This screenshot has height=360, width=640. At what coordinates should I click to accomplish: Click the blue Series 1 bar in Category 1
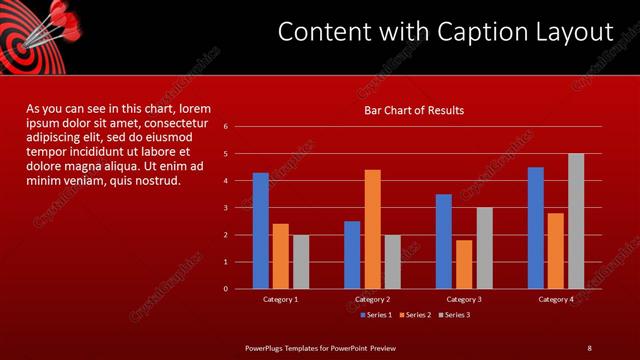(260, 231)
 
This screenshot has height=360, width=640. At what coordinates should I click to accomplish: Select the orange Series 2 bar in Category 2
(372, 229)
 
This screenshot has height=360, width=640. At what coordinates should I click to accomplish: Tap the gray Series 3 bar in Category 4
(576, 221)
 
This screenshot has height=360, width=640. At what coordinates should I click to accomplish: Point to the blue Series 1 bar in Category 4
(536, 228)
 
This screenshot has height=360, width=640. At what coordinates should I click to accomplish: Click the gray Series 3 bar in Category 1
(301, 262)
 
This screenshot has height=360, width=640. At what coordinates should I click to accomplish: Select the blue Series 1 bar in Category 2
(352, 255)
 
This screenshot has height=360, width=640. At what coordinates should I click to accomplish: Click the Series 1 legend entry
(375, 315)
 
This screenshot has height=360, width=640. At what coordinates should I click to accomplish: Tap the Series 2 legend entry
(414, 315)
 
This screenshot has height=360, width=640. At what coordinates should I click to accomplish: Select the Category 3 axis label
(463, 299)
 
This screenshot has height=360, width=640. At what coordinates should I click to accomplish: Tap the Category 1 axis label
(280, 299)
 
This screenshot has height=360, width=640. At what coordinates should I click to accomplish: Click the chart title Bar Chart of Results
(413, 110)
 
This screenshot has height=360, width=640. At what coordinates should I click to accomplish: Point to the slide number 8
(589, 347)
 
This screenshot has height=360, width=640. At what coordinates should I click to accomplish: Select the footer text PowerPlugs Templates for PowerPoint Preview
(321, 347)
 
